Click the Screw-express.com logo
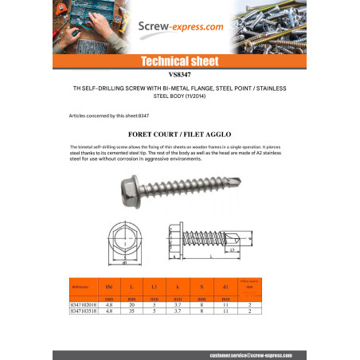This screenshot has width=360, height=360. click(x=180, y=27)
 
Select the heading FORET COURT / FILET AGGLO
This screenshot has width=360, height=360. click(x=179, y=135)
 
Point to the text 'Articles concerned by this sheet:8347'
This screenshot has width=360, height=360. click(x=111, y=115)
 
